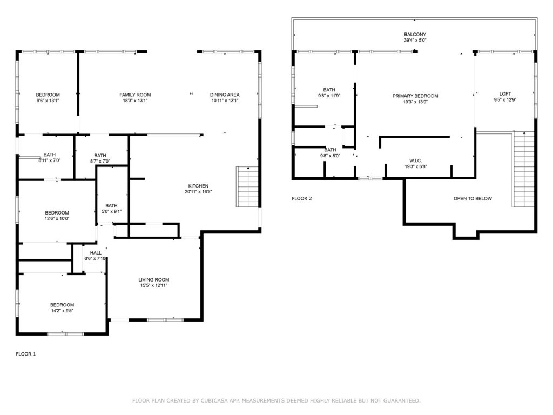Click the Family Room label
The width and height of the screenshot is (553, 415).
click(135, 95)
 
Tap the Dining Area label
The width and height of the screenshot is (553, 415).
click(225, 95)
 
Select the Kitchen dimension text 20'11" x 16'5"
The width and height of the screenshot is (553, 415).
click(198, 192)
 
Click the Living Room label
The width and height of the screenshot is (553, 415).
click(154, 280)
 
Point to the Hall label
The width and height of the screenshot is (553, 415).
click(96, 253)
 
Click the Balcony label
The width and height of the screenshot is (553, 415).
click(415, 35)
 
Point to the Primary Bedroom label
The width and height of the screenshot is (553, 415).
click(415, 96)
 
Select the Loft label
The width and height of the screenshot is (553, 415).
click(505, 94)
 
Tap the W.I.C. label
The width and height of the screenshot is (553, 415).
click(415, 161)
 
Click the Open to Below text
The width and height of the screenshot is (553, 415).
click(473, 199)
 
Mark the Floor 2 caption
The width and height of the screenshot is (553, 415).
click(301, 199)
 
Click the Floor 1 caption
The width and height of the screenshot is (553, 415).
click(26, 354)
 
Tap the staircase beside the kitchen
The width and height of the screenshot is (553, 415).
click(247, 186)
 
